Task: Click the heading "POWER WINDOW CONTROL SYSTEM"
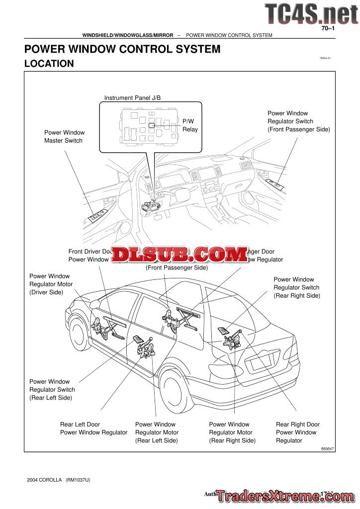tap(122, 49)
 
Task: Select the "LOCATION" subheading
tap(49, 64)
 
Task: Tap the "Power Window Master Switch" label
tap(64, 137)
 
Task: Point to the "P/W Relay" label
tap(189, 125)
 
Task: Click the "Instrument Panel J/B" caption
tap(132, 98)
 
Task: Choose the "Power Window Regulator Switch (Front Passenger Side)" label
tap(298, 121)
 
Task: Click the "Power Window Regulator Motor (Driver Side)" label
tap(51, 284)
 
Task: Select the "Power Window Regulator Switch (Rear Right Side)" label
tap(296, 288)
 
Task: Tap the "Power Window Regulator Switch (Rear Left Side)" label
tap(52, 390)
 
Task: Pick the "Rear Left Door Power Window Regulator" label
tap(93, 428)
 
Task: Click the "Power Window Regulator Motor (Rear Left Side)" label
tap(157, 432)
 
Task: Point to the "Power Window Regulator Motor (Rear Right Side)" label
tap(232, 432)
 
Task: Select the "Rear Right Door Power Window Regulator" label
tap(297, 432)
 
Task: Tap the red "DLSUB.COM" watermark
tap(180, 254)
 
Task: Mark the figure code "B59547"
tap(328, 448)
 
